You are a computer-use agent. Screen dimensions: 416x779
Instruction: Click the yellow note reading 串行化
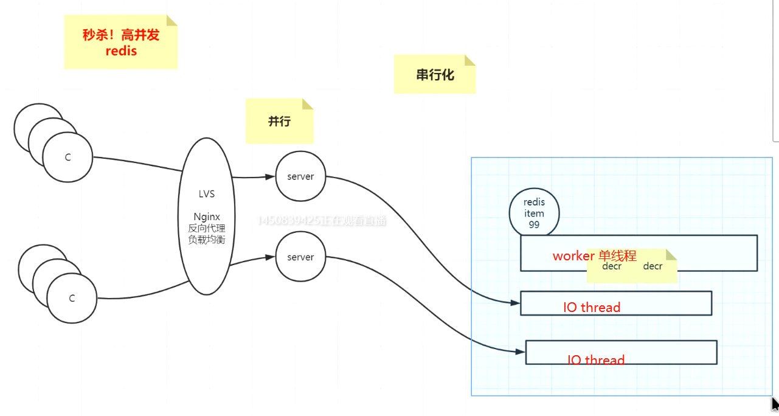[x=435, y=75]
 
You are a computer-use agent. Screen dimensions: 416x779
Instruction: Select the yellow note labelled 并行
[x=279, y=121]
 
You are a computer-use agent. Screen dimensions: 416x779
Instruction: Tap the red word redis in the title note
[x=121, y=51]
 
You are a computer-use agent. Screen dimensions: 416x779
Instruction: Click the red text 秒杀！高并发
[x=121, y=35]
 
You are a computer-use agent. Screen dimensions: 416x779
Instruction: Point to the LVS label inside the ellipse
[x=207, y=194]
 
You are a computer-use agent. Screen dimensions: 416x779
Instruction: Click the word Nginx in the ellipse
[x=207, y=217]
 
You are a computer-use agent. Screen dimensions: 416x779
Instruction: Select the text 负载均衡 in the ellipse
[x=207, y=239]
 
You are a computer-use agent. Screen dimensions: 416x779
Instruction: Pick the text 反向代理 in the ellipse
[x=207, y=228]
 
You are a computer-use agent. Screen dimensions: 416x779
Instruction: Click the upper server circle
[x=300, y=176]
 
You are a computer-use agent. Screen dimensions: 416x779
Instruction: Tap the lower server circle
[x=300, y=257]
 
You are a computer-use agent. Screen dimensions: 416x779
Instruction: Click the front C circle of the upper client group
[x=68, y=158]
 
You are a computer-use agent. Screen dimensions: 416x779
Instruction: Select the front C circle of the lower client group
[x=72, y=299]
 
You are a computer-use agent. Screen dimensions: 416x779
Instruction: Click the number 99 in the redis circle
[x=534, y=224]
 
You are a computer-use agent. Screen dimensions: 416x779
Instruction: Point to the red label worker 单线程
[x=594, y=256]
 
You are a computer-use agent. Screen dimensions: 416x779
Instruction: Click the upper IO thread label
[x=592, y=307]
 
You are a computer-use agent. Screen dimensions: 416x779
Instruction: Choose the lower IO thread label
[x=596, y=360]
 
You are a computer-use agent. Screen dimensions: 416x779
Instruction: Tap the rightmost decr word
[x=653, y=266]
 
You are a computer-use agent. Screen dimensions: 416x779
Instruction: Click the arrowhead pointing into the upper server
[x=271, y=177]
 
